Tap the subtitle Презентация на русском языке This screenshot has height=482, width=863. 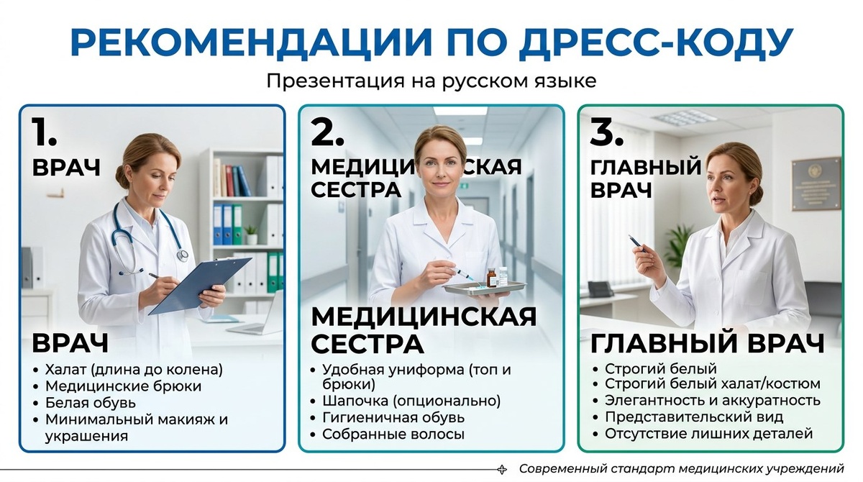click(x=431, y=80)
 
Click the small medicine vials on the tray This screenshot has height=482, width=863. click(x=497, y=276)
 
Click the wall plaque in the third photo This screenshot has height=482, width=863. click(x=816, y=183)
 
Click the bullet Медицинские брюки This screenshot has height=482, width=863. click(x=123, y=386)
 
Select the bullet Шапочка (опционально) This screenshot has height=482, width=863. click(x=411, y=401)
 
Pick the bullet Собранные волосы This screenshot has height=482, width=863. click(x=393, y=434)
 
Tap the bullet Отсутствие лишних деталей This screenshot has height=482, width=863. click(x=708, y=434)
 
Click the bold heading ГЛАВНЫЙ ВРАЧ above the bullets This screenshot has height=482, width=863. click(x=707, y=343)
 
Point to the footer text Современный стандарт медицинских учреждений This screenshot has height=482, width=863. click(x=680, y=468)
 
